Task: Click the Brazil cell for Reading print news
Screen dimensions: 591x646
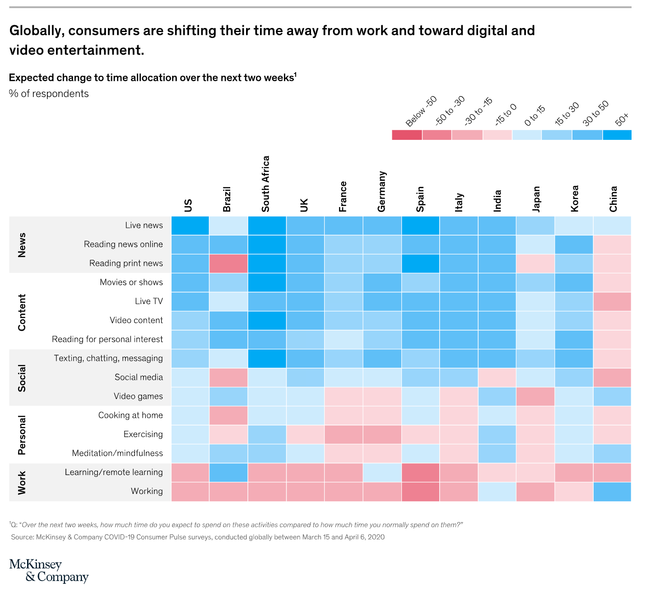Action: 228,263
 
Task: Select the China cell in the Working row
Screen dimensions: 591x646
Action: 612,492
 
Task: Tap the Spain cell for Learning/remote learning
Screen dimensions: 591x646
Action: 420,473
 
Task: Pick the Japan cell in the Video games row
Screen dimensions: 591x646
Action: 535,397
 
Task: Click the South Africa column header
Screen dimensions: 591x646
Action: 265,184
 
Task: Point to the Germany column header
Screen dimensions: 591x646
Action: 382,192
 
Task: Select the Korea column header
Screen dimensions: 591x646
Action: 574,199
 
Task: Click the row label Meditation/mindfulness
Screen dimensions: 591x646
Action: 117,453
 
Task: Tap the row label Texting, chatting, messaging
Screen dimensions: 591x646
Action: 108,359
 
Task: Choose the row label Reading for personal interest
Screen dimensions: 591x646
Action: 107,339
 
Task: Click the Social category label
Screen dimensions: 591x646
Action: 22,378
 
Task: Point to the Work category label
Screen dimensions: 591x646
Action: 22,482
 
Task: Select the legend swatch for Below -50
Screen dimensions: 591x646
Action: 407,135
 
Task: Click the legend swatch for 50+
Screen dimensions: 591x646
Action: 617,135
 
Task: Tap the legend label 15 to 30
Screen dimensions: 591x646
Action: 567,114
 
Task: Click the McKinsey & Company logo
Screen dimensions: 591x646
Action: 49,571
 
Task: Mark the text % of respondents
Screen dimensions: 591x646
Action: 49,94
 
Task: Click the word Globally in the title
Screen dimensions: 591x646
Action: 37,31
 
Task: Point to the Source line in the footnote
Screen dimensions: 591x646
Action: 198,537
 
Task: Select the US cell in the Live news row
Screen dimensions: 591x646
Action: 190,226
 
